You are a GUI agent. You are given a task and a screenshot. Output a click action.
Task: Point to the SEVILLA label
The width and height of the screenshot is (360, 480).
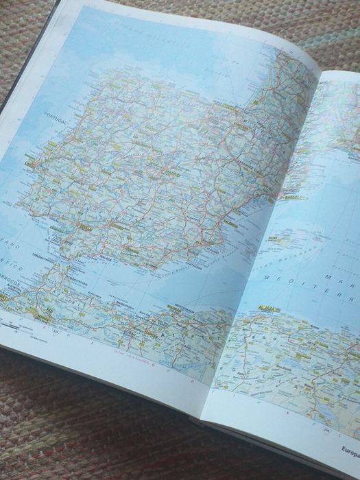pyautogui.click(x=86, y=227)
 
